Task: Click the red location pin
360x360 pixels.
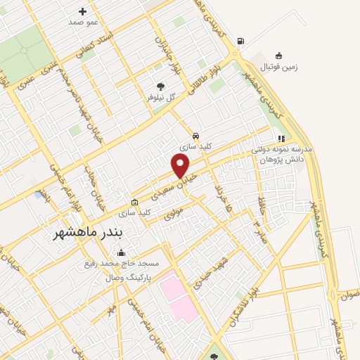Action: [x=181, y=165]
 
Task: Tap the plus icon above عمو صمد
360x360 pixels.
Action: [x=83, y=11]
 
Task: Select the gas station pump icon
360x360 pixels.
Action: [x=242, y=41]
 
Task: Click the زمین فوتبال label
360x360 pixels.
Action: [x=280, y=67]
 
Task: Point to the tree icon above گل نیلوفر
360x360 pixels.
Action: [x=160, y=86]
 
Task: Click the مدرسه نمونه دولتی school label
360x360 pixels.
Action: [x=281, y=150]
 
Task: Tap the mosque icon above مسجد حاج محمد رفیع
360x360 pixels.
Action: [x=122, y=253]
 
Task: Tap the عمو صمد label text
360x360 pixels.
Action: [x=82, y=22]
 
